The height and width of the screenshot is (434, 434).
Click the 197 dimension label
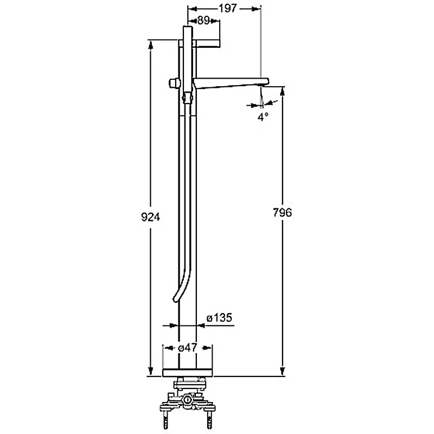point(228,8)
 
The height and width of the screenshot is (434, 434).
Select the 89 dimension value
point(203,21)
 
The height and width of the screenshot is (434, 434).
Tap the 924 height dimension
point(150,217)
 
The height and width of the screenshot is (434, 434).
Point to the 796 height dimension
point(282,212)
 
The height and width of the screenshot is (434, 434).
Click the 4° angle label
point(263,117)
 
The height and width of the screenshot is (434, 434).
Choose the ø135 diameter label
point(219,317)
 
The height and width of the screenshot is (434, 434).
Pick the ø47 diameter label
point(187,347)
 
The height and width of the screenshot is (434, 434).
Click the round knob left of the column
point(174,84)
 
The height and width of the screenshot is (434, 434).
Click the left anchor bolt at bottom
point(166,420)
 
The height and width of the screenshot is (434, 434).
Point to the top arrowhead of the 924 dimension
point(150,45)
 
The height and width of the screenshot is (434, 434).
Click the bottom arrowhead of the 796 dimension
point(282,371)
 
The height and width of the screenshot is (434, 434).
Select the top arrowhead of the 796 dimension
point(282,91)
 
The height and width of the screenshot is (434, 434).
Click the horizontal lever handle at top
point(199,44)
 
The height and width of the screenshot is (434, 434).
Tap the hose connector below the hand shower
point(187,98)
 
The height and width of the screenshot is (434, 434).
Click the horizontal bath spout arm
point(231,84)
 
